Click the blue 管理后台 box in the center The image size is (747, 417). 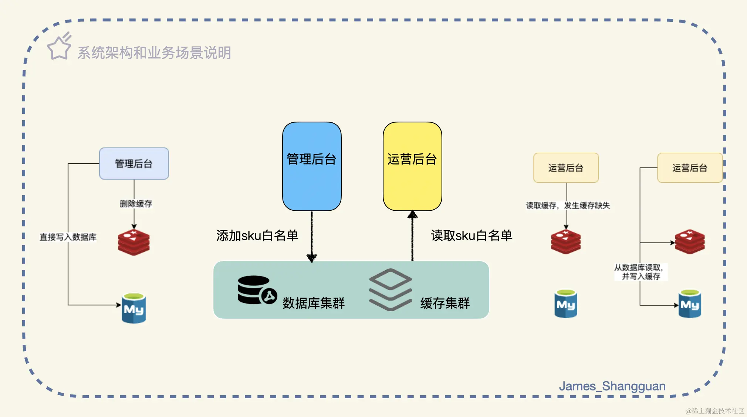[312, 166]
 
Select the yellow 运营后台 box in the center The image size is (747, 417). [412, 166]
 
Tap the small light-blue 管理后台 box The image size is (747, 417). [134, 164]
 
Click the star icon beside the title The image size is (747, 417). [59, 47]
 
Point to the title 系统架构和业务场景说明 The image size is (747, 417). [154, 53]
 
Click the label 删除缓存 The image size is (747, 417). [136, 204]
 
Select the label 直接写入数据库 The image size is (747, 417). [68, 237]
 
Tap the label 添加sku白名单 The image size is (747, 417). [257, 236]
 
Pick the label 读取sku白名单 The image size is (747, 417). [471, 236]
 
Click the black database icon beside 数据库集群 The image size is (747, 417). [256, 290]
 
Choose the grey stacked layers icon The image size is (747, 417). [390, 289]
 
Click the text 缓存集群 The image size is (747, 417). [445, 303]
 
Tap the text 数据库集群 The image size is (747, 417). [314, 303]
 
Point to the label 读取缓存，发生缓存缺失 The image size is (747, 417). [568, 206]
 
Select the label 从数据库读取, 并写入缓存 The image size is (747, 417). [640, 272]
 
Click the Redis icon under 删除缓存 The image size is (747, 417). [134, 243]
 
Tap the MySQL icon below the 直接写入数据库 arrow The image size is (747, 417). [134, 308]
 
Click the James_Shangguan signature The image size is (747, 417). [612, 386]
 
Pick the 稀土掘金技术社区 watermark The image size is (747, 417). [714, 411]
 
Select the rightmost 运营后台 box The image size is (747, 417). [690, 168]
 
